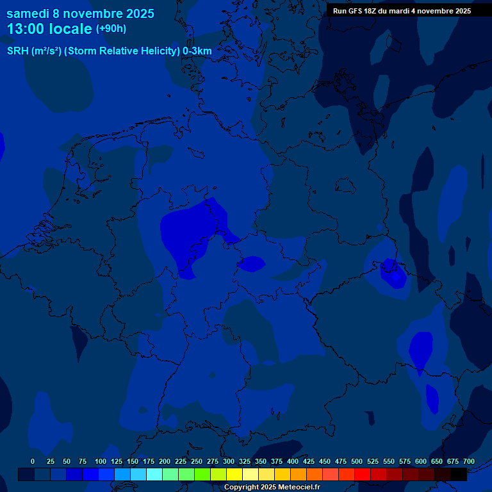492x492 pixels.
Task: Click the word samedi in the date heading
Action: click(29, 13)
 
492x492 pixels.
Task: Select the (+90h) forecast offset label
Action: click(111, 29)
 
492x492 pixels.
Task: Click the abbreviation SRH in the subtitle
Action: click(17, 51)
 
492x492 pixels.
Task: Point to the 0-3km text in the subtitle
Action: click(197, 51)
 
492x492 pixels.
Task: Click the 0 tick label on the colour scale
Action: click(33, 462)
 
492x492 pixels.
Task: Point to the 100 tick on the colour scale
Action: click(101, 462)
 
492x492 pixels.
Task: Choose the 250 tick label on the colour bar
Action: click(197, 462)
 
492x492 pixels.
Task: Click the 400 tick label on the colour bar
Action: click(293, 462)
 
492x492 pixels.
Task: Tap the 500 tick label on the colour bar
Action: click(357, 462)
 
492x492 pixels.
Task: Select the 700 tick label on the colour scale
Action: click(468, 462)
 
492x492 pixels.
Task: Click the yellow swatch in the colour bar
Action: click(234, 475)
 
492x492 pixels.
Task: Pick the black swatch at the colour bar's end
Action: click(459, 475)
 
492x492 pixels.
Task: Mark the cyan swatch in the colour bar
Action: click(154, 475)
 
